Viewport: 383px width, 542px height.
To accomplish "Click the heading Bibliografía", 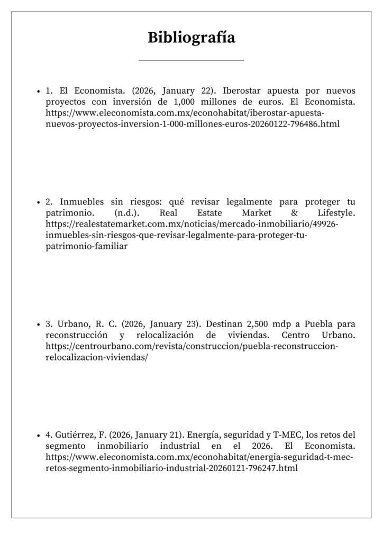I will point(191,38).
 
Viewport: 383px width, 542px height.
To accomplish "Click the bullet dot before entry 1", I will point(39,91).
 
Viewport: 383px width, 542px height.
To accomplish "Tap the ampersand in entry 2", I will point(295,213).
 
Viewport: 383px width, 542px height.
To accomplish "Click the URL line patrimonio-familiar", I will point(86,247).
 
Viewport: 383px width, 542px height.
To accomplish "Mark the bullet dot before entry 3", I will point(39,324).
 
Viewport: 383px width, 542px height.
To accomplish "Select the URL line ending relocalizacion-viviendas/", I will point(97,357).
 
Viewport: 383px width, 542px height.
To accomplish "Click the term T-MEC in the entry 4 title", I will point(286,435).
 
